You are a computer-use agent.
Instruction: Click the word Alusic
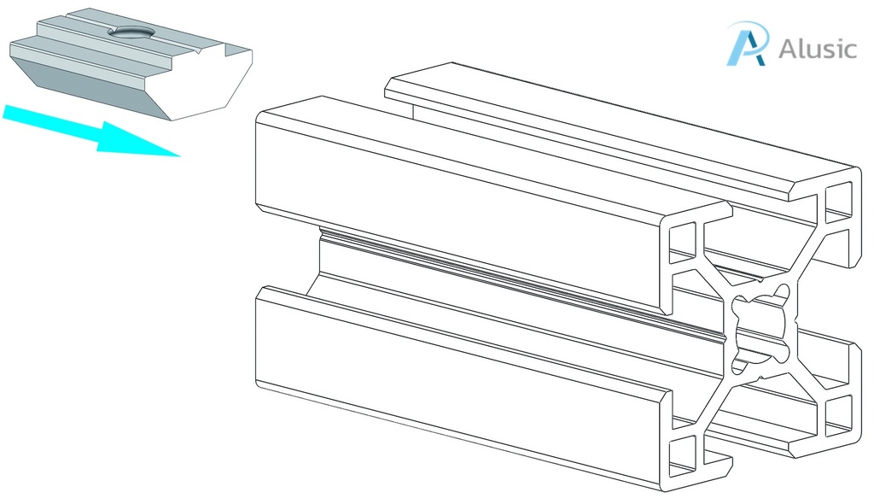click(817, 49)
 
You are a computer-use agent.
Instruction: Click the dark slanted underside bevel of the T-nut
click(94, 86)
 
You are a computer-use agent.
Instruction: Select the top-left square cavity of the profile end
click(683, 242)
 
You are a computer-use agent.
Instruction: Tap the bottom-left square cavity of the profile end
click(683, 458)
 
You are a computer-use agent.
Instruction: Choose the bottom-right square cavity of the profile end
click(839, 414)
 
